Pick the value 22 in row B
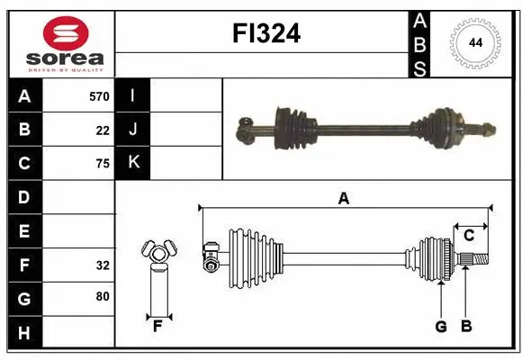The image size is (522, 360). [x=103, y=130]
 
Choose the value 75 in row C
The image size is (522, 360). [x=103, y=163]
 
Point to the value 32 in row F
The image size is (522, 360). [x=103, y=265]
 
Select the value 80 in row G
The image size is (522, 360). [x=103, y=296]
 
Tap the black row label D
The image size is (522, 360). [x=24, y=197]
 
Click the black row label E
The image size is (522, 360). [x=24, y=231]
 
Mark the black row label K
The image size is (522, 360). [x=133, y=163]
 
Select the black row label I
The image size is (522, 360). [x=133, y=95]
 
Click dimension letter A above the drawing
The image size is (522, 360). [x=343, y=198]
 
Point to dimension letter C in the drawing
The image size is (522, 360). [x=469, y=236]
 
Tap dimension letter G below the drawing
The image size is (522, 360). [x=441, y=327]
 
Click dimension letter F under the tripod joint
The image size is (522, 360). [x=157, y=326]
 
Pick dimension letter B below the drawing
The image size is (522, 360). [x=466, y=327]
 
